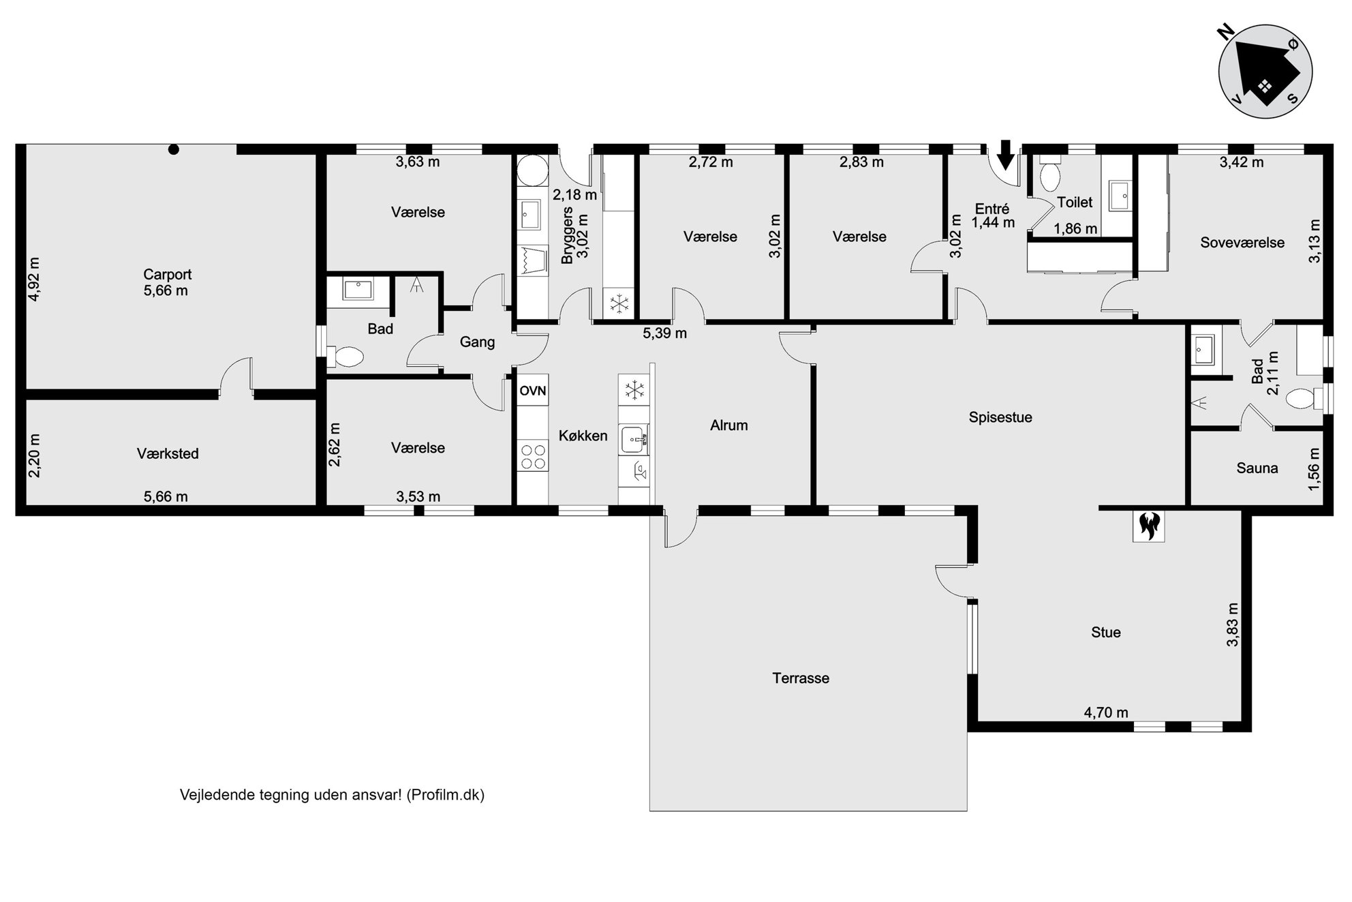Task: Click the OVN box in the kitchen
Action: point(533,391)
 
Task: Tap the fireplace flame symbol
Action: point(1149,526)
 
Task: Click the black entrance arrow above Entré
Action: point(1005,155)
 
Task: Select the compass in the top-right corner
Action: point(1265,72)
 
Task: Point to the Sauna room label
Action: point(1257,468)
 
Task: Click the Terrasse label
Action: point(801,678)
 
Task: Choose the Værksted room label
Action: point(168,454)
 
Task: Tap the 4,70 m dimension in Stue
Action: point(1106,713)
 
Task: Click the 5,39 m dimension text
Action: point(665,333)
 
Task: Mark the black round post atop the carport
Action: point(174,149)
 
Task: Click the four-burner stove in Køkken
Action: point(533,456)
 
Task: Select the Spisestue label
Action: point(1000,417)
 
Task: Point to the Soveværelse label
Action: point(1242,243)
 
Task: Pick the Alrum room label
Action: point(729,425)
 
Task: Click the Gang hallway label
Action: point(477,342)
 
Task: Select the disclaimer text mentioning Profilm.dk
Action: point(332,795)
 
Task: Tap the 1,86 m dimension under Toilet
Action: point(1076,229)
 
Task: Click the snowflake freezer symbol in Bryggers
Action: point(619,304)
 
